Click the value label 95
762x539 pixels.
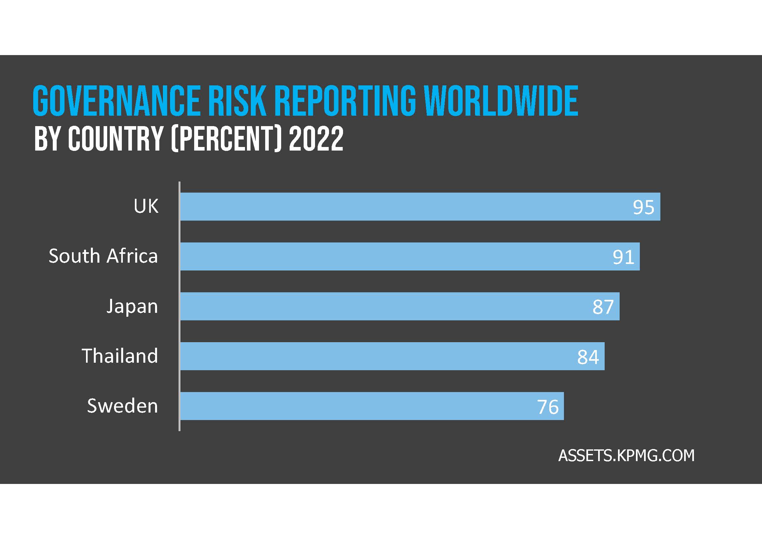click(x=643, y=208)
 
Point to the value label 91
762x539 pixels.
click(x=623, y=257)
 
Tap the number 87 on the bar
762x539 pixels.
click(x=603, y=307)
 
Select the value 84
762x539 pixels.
click(x=588, y=357)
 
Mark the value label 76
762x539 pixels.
click(x=548, y=407)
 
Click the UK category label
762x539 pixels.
click(x=146, y=206)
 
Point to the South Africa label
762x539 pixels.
click(x=103, y=256)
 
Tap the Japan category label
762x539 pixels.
click(x=132, y=306)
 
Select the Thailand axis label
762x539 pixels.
click(x=120, y=356)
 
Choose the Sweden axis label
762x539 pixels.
click(x=122, y=406)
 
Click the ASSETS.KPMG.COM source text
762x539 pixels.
click(x=626, y=455)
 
